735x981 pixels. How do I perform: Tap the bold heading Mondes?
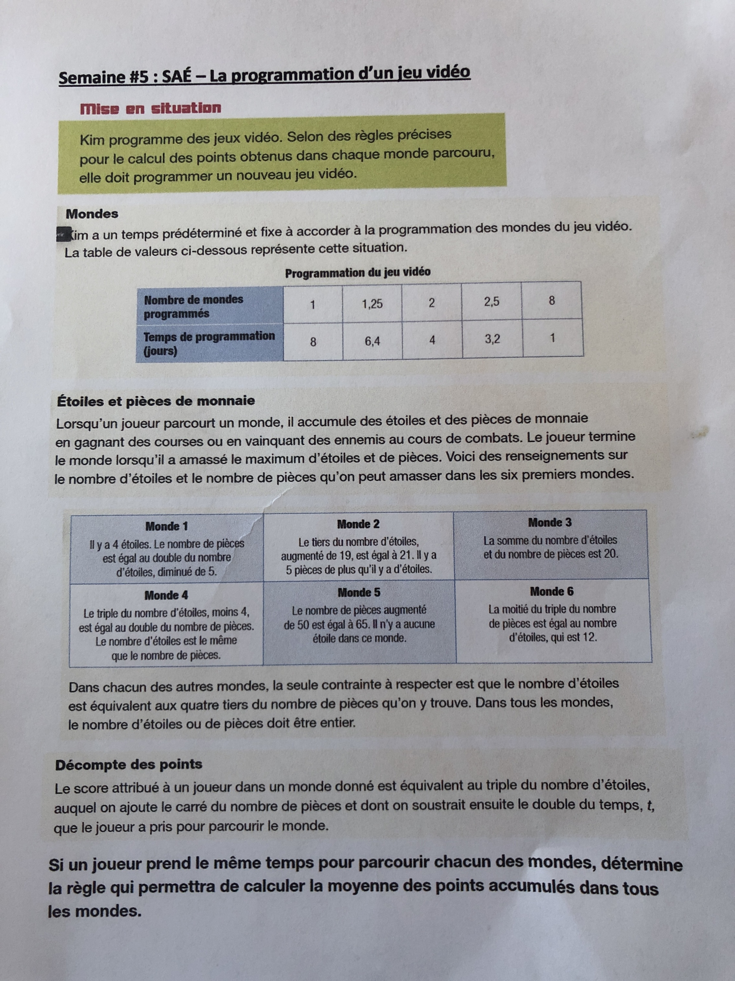pyautogui.click(x=92, y=214)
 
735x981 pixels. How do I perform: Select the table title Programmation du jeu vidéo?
pyautogui.click(x=357, y=272)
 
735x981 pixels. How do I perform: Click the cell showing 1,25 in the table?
pyautogui.click(x=372, y=304)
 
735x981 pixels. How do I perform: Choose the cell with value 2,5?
pyautogui.click(x=491, y=302)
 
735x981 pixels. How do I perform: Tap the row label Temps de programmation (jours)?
pyautogui.click(x=209, y=343)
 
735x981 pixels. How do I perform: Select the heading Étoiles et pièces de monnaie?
pyautogui.click(x=156, y=401)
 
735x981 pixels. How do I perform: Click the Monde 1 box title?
pyautogui.click(x=167, y=527)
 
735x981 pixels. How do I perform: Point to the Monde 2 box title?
pyautogui.click(x=358, y=524)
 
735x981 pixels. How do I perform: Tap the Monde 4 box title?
pyautogui.click(x=166, y=595)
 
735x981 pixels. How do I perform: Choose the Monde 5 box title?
pyautogui.click(x=359, y=592)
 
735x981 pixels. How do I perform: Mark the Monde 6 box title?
pyautogui.click(x=552, y=591)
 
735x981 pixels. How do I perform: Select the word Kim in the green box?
pyautogui.click(x=92, y=140)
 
